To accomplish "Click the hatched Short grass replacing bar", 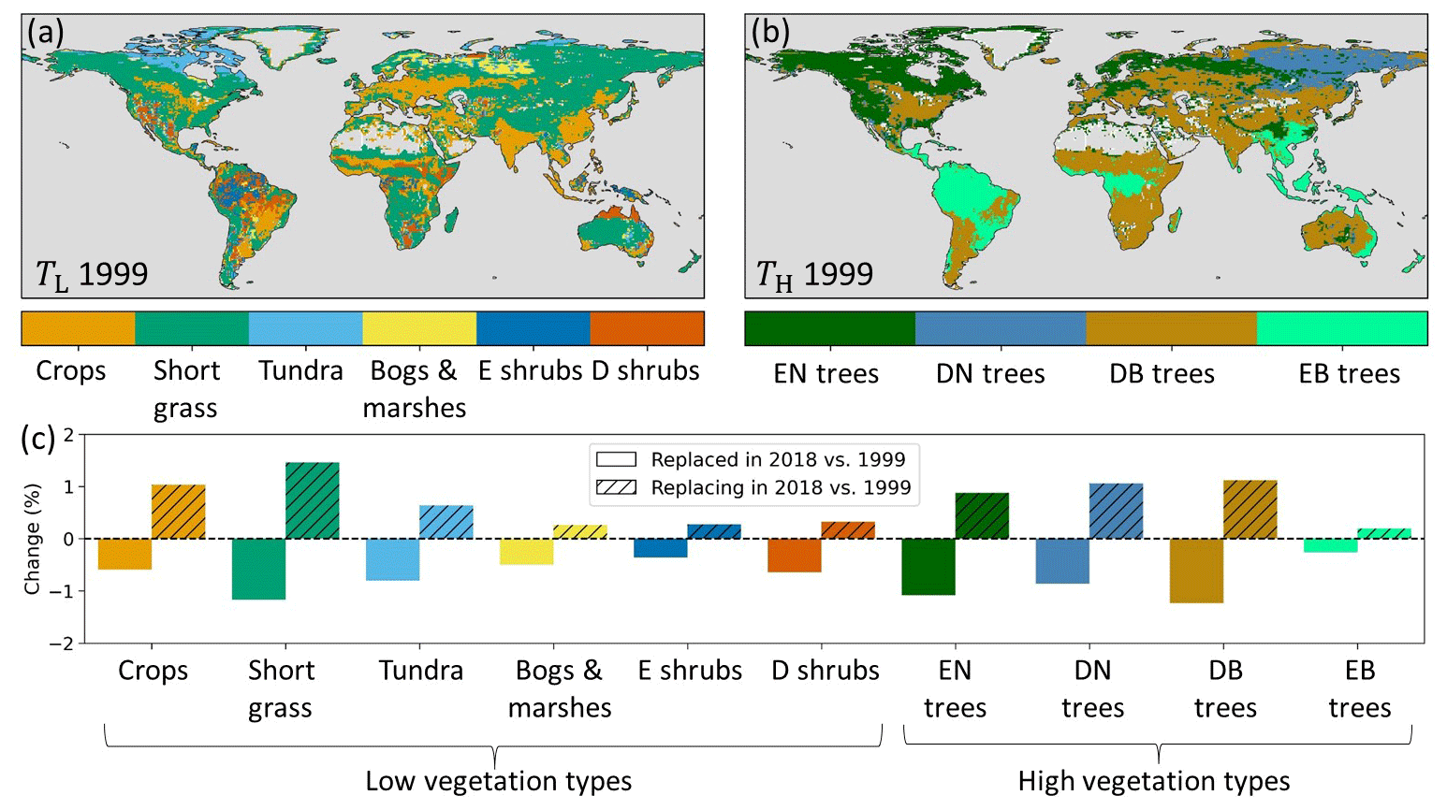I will pyautogui.click(x=313, y=500).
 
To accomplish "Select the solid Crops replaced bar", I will pyautogui.click(x=124, y=554).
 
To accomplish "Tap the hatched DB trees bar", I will pyautogui.click(x=1250, y=510).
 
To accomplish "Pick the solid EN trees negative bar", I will pyautogui.click(x=928, y=567).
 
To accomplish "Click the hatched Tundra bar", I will pyautogui.click(x=446, y=522).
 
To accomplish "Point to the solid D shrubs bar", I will pyautogui.click(x=795, y=556).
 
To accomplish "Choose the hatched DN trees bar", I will pyautogui.click(x=1116, y=511).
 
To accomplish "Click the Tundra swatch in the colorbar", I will pyautogui.click(x=305, y=328).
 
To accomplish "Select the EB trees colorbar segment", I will pyautogui.click(x=1341, y=328).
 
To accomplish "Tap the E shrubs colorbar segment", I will pyautogui.click(x=533, y=328).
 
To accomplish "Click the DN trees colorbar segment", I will pyautogui.click(x=1001, y=328).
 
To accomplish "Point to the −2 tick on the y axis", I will pyautogui.click(x=66, y=644).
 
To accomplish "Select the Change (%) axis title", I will pyautogui.click(x=33, y=539).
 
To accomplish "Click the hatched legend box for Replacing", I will pyautogui.click(x=616, y=487).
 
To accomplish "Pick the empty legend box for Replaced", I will pyautogui.click(x=616, y=459).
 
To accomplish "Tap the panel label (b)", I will pyautogui.click(x=770, y=33).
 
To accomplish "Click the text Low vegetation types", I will pyautogui.click(x=498, y=781).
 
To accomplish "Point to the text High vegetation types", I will pyautogui.click(x=1153, y=781).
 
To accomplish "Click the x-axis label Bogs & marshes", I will pyautogui.click(x=559, y=688).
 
